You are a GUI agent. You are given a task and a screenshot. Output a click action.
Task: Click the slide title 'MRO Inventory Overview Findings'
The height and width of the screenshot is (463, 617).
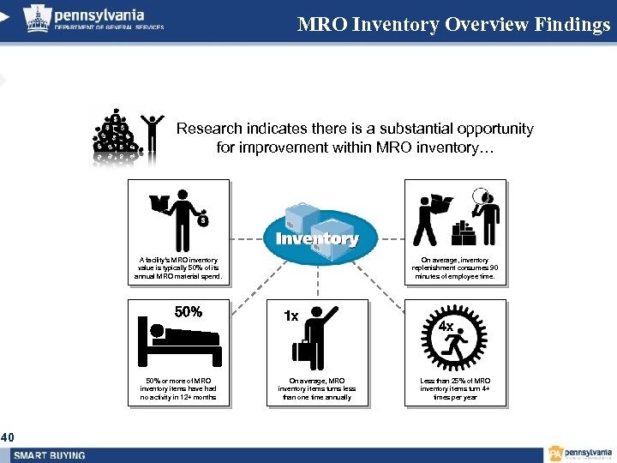tap(453, 24)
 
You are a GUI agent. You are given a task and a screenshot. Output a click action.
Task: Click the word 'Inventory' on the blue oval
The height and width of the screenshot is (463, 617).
tap(316, 238)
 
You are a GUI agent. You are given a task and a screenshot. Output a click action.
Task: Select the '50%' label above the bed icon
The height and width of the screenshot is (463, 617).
tap(189, 311)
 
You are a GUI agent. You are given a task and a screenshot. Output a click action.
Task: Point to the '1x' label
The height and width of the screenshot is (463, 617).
tap(291, 316)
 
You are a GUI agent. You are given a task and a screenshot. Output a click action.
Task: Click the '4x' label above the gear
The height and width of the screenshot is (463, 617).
tap(446, 326)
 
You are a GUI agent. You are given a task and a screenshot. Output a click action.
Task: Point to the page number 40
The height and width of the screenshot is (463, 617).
tap(7, 438)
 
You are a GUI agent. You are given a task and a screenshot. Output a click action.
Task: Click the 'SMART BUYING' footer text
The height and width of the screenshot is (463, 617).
tap(49, 454)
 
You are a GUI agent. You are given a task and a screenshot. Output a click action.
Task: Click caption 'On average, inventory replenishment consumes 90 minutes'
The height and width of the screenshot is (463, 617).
tap(453, 268)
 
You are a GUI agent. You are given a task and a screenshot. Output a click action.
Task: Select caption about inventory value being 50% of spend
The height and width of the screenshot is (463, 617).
tap(178, 268)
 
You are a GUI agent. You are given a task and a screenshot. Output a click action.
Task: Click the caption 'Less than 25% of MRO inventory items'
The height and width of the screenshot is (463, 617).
tap(455, 388)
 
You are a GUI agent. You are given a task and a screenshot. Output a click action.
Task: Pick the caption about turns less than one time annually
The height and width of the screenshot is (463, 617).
tap(316, 388)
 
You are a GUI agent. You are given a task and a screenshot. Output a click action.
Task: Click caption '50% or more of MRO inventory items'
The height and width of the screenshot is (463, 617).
tap(178, 388)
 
